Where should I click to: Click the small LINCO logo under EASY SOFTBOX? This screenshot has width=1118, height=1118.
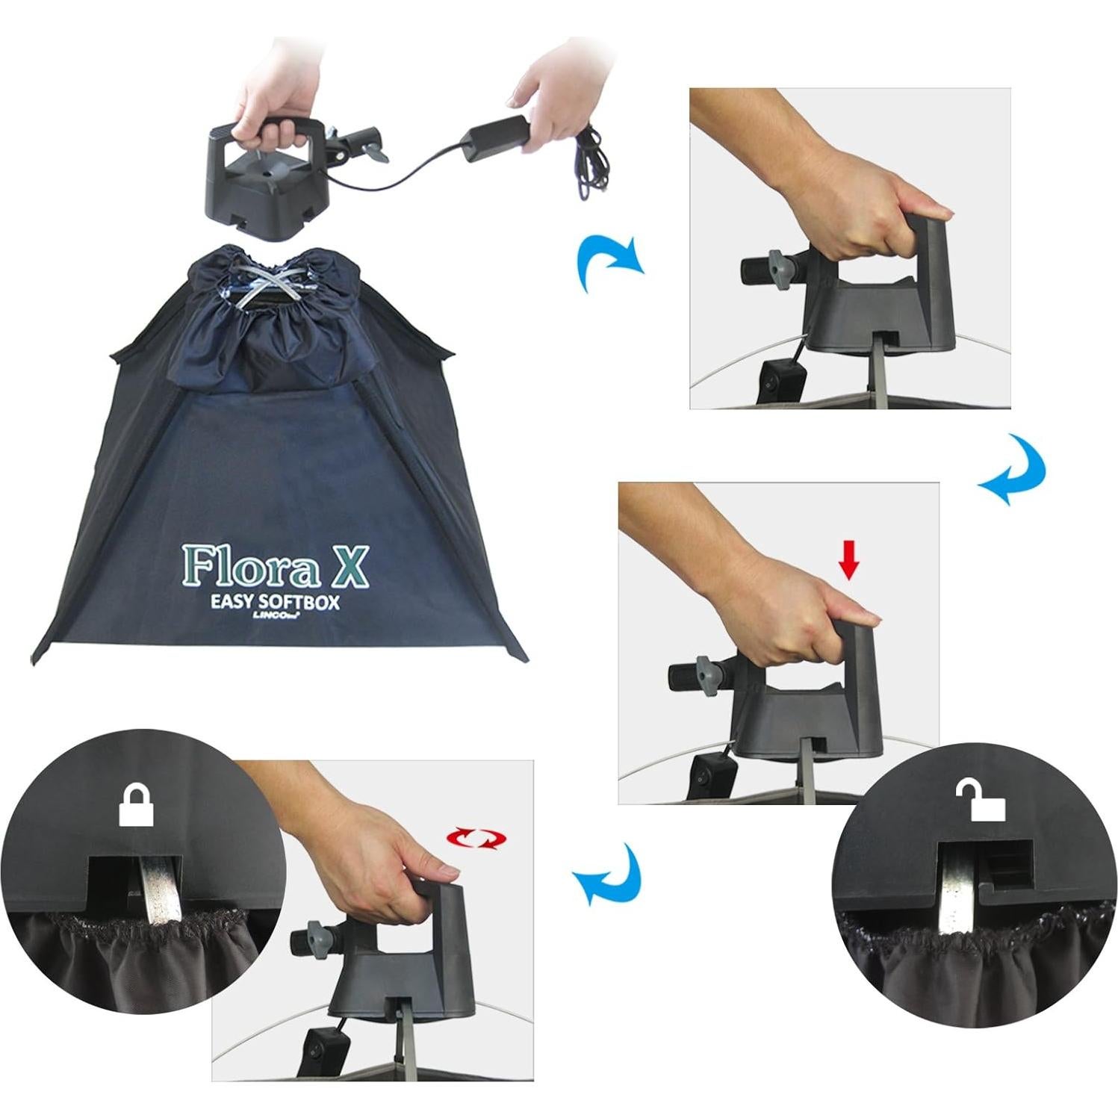[x=276, y=619]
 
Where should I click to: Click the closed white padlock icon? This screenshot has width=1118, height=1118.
[x=136, y=806]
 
